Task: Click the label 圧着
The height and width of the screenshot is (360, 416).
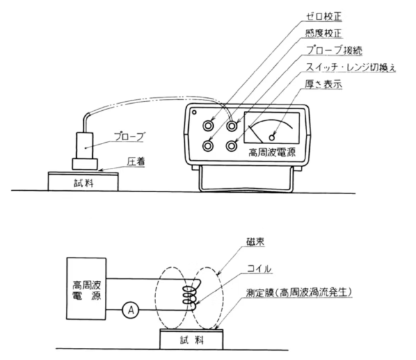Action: pos(135,163)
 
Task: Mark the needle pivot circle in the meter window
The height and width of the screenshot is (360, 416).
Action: pos(273,137)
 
